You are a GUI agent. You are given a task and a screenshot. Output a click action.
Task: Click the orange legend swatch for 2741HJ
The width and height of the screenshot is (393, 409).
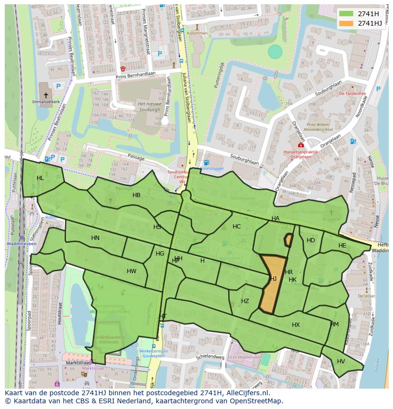pos(346,23)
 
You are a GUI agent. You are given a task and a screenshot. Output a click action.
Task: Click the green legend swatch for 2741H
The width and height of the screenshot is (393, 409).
pos(346,14)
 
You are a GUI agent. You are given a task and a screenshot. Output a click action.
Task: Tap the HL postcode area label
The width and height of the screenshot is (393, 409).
pos(40,178)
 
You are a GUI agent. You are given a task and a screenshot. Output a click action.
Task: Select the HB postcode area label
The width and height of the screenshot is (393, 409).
pos(136,195)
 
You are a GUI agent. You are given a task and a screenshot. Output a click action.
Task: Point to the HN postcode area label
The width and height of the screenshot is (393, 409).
pos(95,238)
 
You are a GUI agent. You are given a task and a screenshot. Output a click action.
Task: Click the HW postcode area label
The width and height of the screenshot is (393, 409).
pos(131,271)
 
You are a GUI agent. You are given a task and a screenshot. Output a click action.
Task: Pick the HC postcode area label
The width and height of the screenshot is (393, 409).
pos(236,227)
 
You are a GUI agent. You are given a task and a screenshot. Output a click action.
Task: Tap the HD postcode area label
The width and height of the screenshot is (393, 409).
pos(311,240)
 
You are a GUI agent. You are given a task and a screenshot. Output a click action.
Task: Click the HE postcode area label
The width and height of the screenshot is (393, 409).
pos(342,246)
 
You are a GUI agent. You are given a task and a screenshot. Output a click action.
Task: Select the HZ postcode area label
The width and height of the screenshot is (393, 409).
pos(245,301)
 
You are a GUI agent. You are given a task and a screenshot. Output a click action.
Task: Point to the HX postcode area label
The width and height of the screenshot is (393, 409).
pos(296,325)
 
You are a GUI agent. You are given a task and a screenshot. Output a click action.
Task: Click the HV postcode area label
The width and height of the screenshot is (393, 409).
pos(341,361)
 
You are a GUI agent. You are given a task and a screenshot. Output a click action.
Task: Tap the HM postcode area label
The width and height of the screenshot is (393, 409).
pos(335,324)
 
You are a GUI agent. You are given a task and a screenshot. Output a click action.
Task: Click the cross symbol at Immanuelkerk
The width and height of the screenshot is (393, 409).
pos(46,95)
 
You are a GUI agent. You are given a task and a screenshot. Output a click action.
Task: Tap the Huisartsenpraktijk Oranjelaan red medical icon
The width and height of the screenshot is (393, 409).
pos(300,145)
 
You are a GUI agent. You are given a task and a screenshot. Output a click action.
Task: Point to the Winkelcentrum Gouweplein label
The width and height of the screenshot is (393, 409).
pos(154,354)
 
